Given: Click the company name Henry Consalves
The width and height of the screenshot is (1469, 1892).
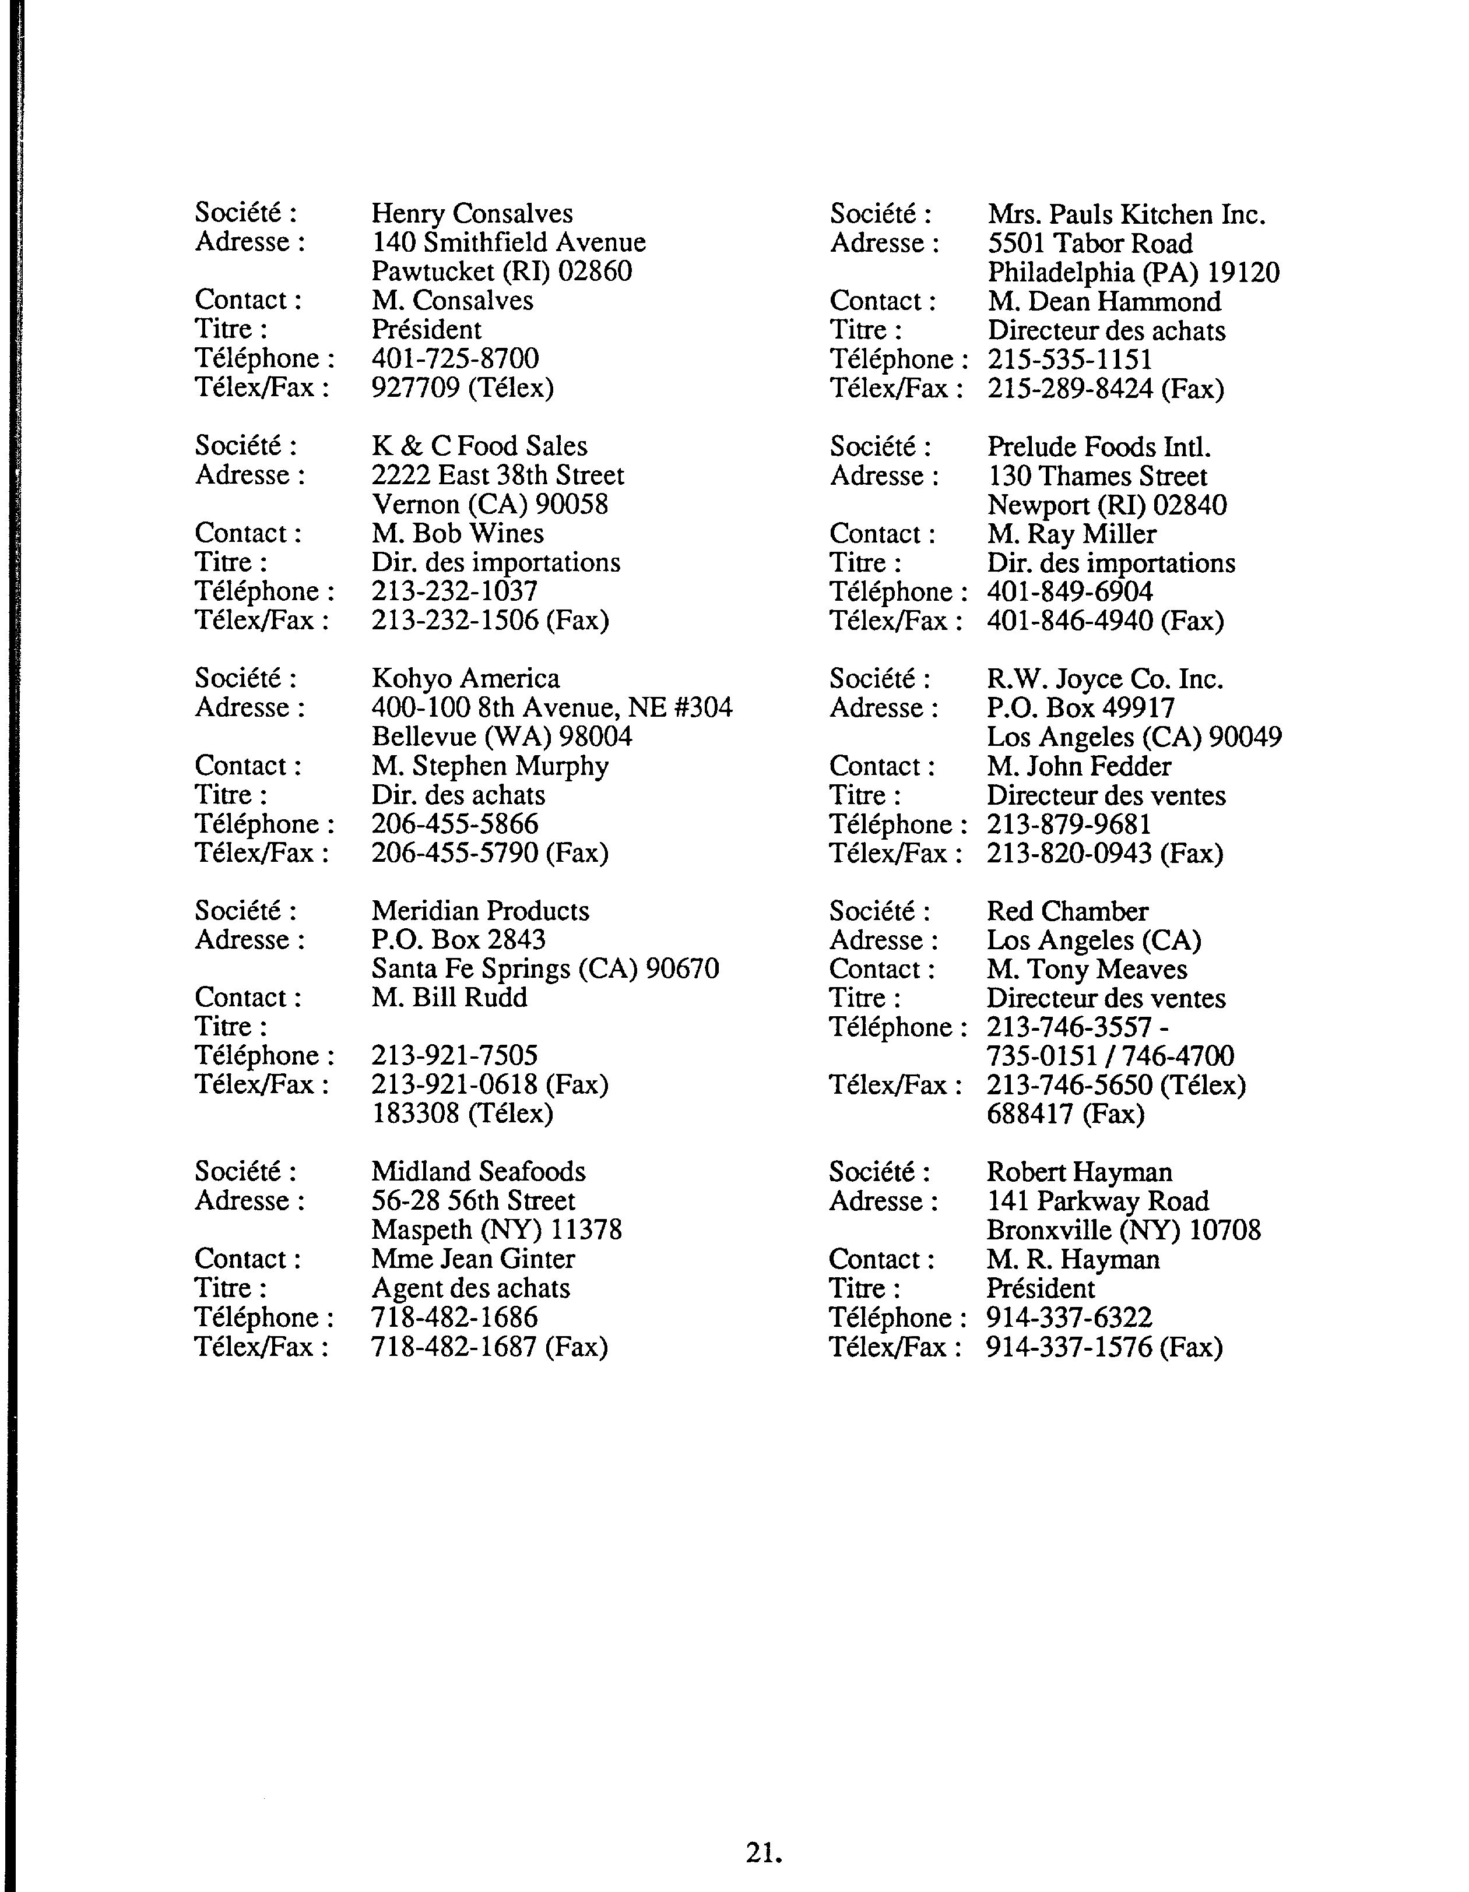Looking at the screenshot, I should pos(472,213).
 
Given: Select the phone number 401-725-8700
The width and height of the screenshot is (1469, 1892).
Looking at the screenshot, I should pos(455,358).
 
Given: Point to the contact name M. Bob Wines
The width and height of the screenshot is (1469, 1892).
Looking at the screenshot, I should pos(458,533).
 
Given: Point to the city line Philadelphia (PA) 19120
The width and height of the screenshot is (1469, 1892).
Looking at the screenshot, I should pos(1133,272).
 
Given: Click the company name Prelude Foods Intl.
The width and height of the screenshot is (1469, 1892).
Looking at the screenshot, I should pos(1098,446).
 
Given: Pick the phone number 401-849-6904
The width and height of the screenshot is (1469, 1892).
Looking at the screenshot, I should pos(1070,591).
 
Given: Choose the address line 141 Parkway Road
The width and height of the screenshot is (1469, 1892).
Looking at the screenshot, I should pos(1097,1201).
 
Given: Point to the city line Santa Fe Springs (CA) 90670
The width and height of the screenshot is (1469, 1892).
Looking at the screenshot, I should pos(545,968).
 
